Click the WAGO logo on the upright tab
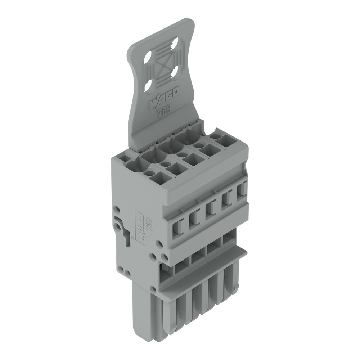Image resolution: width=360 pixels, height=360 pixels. point(163,98)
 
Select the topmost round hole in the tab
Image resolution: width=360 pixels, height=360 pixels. point(176,43)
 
